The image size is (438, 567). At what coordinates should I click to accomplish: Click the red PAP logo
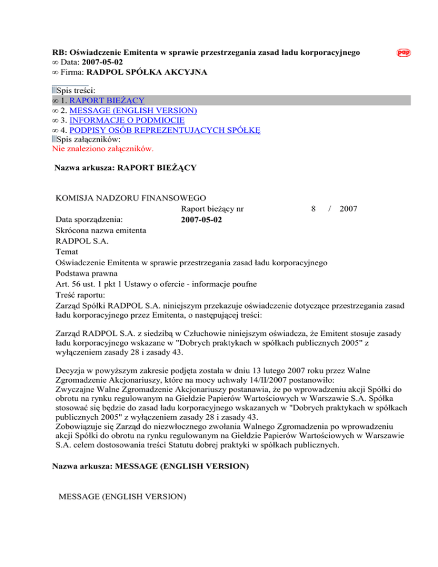(x=404, y=53)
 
